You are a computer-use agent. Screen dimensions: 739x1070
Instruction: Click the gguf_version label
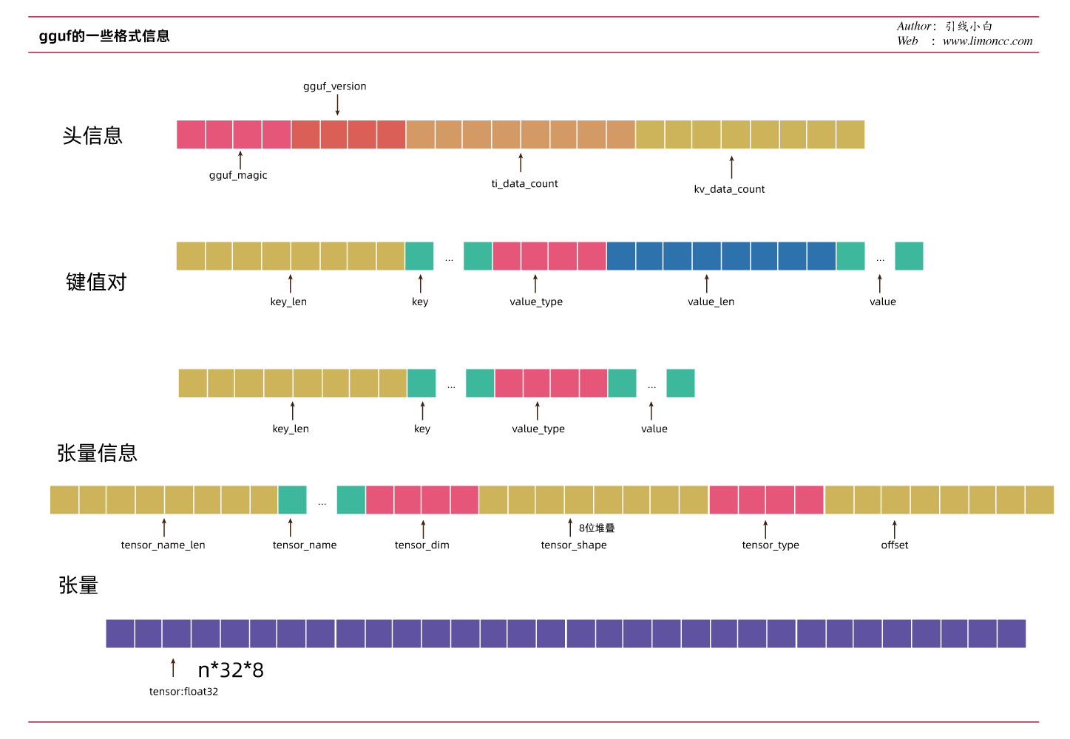(334, 86)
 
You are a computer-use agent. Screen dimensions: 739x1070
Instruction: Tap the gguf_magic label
(238, 175)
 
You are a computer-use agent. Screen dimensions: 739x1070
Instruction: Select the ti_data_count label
(524, 184)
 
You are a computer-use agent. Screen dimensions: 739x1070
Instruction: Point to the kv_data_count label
(729, 189)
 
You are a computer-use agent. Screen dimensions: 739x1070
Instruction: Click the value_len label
(711, 302)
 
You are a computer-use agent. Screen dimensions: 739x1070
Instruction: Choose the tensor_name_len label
(163, 545)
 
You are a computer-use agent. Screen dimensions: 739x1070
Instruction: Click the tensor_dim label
(421, 545)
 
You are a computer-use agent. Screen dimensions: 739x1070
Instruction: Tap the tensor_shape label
(573, 545)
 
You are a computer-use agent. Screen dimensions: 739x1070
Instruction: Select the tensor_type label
(771, 545)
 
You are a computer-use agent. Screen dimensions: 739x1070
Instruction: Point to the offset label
(894, 545)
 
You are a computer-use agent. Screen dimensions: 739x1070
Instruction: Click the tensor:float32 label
(183, 692)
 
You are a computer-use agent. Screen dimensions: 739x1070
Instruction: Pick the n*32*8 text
(231, 670)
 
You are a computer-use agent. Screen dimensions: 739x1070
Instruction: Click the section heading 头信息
(92, 136)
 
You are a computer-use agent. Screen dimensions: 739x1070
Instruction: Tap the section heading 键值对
(96, 282)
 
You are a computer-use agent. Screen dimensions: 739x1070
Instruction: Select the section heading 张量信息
(97, 453)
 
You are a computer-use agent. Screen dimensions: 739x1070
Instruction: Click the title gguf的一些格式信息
(104, 36)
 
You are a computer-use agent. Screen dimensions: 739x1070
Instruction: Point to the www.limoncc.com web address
(987, 41)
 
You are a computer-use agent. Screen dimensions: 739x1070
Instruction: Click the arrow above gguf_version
(337, 105)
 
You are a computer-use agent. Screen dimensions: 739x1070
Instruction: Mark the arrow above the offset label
(894, 529)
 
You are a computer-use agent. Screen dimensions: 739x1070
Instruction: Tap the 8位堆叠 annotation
(597, 528)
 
